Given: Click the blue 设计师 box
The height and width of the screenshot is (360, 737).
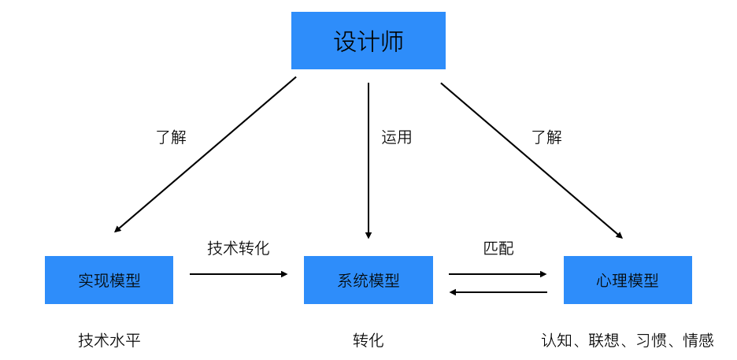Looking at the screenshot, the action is pos(368,40).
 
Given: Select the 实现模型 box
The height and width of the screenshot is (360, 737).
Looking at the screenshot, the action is pos(109,280).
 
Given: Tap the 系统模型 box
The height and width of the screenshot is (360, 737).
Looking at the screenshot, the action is pos(368,280).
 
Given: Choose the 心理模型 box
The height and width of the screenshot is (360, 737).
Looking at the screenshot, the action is pos(628,280).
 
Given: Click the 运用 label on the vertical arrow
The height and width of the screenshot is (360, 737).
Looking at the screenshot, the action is pos(396,137).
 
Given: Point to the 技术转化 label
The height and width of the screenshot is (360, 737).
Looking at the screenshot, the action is pos(239,247).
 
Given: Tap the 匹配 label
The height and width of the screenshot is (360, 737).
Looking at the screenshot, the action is pos(498,248).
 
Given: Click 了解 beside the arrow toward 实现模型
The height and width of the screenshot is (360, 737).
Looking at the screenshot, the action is pos(171,137).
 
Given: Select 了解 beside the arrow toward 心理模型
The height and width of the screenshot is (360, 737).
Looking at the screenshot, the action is pos(546,137).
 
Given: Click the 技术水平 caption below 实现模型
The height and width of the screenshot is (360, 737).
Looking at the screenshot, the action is pos(109,340).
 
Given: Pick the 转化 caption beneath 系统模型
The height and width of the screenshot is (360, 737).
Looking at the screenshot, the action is pos(368,340).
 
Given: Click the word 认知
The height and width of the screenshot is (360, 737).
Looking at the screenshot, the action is pos(557,340).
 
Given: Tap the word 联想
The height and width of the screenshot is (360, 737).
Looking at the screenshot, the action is pos(604,340).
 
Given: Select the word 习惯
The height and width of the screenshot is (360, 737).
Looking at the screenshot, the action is pos(651,340).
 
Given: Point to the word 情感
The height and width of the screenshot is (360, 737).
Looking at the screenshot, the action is pos(698,340).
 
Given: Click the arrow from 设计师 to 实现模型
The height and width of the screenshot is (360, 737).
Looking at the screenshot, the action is pos(205,154).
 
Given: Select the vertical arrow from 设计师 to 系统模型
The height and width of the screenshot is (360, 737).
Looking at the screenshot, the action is pos(368,161).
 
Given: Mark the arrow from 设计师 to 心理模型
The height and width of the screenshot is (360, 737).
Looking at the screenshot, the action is pos(531,161).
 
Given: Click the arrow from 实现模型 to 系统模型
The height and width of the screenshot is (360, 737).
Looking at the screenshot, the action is pos(239,274).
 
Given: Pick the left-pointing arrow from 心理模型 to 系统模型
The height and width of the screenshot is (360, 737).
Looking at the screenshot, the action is pos(498,292).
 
